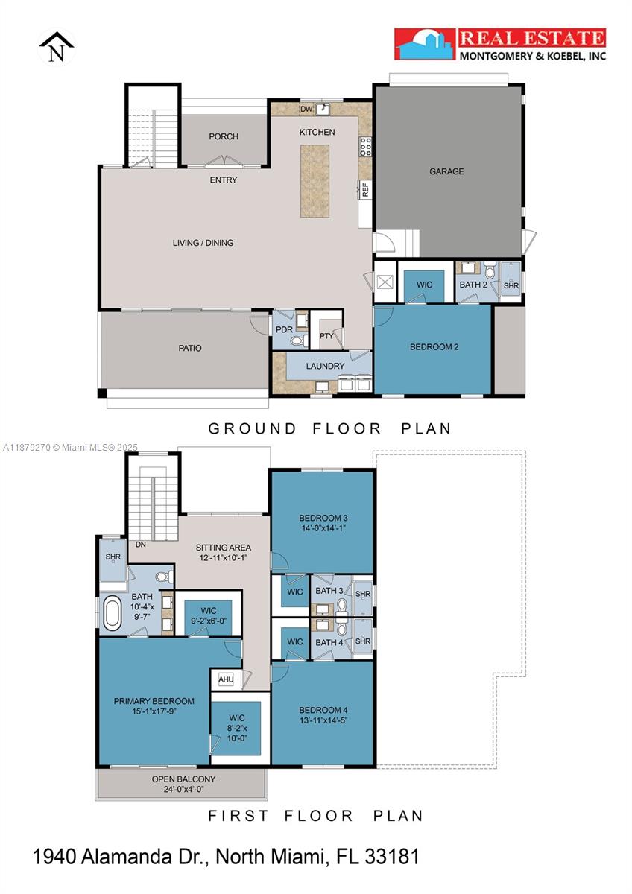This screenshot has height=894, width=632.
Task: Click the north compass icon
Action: [57, 48]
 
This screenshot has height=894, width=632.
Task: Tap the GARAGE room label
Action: [446, 171]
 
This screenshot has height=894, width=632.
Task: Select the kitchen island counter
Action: [315, 180]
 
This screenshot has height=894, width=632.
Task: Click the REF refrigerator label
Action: [365, 189]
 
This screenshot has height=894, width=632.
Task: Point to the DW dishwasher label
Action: [305, 110]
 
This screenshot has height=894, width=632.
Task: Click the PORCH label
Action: [224, 136]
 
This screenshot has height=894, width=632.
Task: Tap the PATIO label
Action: [189, 348]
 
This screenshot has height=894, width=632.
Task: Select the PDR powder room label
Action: [283, 329]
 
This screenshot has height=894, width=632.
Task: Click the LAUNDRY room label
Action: [325, 366]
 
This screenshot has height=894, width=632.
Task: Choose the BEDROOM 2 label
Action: [434, 347]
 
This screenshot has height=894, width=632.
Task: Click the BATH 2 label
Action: [474, 285]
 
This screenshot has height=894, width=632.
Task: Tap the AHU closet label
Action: [225, 679]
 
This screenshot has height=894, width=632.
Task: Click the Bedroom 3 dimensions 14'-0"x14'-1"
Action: [323, 528]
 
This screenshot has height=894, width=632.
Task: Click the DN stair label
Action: [140, 545]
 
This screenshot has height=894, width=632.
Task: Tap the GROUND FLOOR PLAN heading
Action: [329, 428]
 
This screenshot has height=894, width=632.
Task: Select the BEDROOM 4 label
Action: [323, 710]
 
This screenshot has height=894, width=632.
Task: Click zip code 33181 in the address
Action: [392, 857]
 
